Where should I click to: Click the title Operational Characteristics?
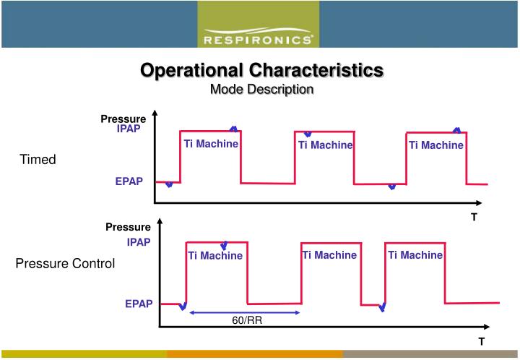tap(261, 70)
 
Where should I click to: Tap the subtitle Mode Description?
tap(261, 90)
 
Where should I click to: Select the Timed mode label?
tap(38, 160)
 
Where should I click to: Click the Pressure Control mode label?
tap(65, 264)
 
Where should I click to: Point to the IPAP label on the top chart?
tap(129, 129)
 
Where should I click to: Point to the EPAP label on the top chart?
tap(129, 182)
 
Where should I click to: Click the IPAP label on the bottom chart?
tap(139, 242)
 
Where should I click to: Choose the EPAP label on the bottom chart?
tap(139, 304)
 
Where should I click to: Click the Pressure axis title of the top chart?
tap(123, 119)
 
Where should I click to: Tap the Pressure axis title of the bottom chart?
tap(128, 227)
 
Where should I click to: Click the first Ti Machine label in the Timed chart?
tap(211, 144)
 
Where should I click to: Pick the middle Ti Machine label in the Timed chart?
tap(325, 145)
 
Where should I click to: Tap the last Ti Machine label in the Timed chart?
tap(436, 145)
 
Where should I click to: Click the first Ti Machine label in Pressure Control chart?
tap(215, 255)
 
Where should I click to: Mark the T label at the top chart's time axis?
tap(474, 216)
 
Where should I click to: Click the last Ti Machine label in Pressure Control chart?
tap(415, 255)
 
